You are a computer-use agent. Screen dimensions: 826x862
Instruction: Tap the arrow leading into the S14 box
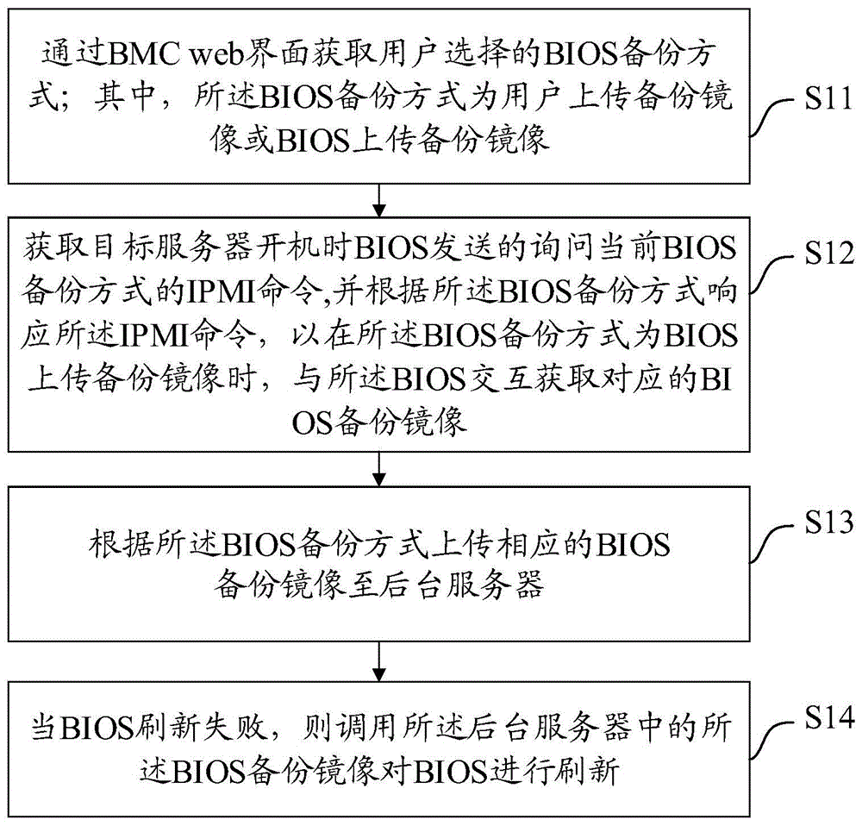click(x=380, y=662)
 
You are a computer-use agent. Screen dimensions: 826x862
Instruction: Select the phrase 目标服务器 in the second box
click(x=156, y=249)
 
